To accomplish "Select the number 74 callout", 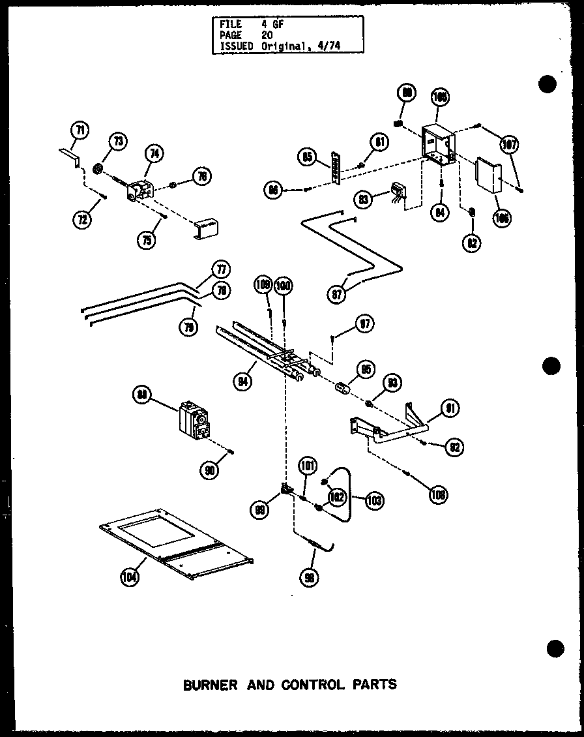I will [x=154, y=155].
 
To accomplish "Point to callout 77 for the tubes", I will [x=221, y=269].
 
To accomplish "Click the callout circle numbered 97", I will [x=365, y=323].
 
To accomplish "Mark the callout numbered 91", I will [x=450, y=408].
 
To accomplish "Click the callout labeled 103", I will [x=374, y=501].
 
